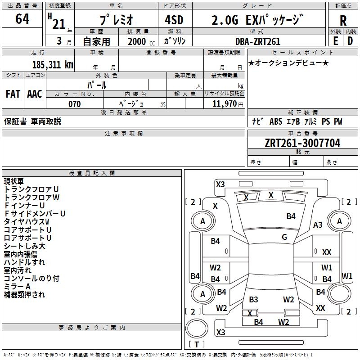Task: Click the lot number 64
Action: coord(22,20)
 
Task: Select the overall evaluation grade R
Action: coord(343,21)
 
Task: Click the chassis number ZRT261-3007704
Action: coord(302,144)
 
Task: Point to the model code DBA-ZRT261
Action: coord(258,41)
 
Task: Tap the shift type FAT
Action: coord(13,94)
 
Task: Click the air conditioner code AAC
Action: coord(35,94)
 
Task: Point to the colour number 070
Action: coord(74,104)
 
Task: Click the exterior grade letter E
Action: coord(335,41)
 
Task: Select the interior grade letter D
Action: coord(350,41)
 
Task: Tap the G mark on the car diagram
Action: coord(284,237)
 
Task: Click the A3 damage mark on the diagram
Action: coord(318,225)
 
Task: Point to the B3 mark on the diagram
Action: coord(253,300)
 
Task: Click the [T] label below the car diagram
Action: coord(196,344)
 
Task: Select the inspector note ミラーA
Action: coord(17,287)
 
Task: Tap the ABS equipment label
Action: coord(276,121)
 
